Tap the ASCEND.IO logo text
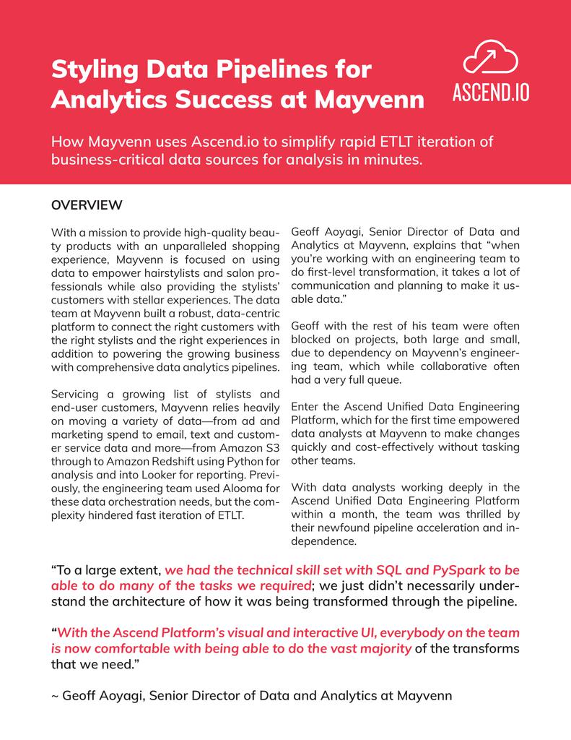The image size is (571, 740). coord(490,94)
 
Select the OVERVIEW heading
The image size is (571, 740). coord(86,205)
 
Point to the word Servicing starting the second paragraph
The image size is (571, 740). coord(76,395)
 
